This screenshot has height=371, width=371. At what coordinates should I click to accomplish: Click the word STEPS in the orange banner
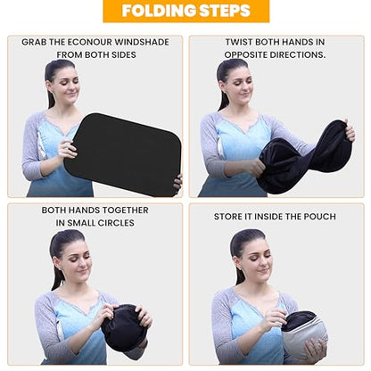pyautogui.click(x=225, y=11)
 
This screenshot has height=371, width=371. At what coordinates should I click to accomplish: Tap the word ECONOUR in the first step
pyautogui.click(x=89, y=42)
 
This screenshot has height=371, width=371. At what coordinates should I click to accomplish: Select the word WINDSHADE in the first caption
pyautogui.click(x=142, y=42)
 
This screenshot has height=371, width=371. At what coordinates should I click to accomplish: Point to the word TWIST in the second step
pyautogui.click(x=238, y=42)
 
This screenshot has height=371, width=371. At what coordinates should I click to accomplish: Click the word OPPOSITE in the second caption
pyautogui.click(x=245, y=55)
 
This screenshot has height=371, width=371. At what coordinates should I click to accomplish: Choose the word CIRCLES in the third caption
pyautogui.click(x=113, y=223)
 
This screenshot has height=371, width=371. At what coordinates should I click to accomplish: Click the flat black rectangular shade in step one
pyautogui.click(x=123, y=154)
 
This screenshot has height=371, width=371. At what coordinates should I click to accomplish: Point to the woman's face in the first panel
pyautogui.click(x=64, y=84)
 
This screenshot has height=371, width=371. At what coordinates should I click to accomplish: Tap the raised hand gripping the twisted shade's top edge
pyautogui.click(x=350, y=130)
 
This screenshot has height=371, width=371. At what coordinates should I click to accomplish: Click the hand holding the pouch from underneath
pyautogui.click(x=314, y=350)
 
